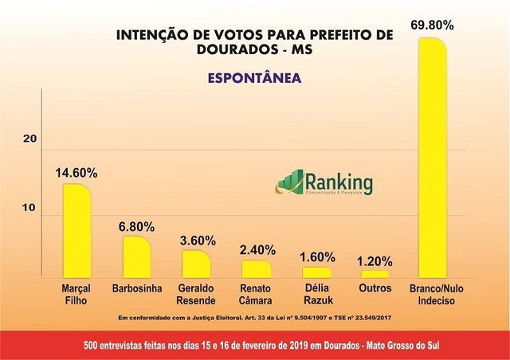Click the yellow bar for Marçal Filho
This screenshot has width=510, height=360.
(x=77, y=230)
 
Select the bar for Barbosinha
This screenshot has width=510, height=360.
(x=136, y=256)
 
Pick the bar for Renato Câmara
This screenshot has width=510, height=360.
(x=256, y=268)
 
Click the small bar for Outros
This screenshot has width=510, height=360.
(x=375, y=273)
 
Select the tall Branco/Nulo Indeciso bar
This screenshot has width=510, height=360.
(x=433, y=156)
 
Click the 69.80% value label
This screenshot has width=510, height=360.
(x=433, y=25)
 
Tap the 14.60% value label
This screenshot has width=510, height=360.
(x=76, y=172)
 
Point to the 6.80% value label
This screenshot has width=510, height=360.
(x=135, y=225)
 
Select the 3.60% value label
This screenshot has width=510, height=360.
(x=195, y=240)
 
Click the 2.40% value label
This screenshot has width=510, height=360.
(x=256, y=249)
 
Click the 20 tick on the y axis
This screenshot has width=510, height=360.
(x=30, y=139)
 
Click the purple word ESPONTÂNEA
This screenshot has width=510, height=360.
(x=254, y=79)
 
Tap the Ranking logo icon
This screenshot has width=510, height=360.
(x=290, y=182)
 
